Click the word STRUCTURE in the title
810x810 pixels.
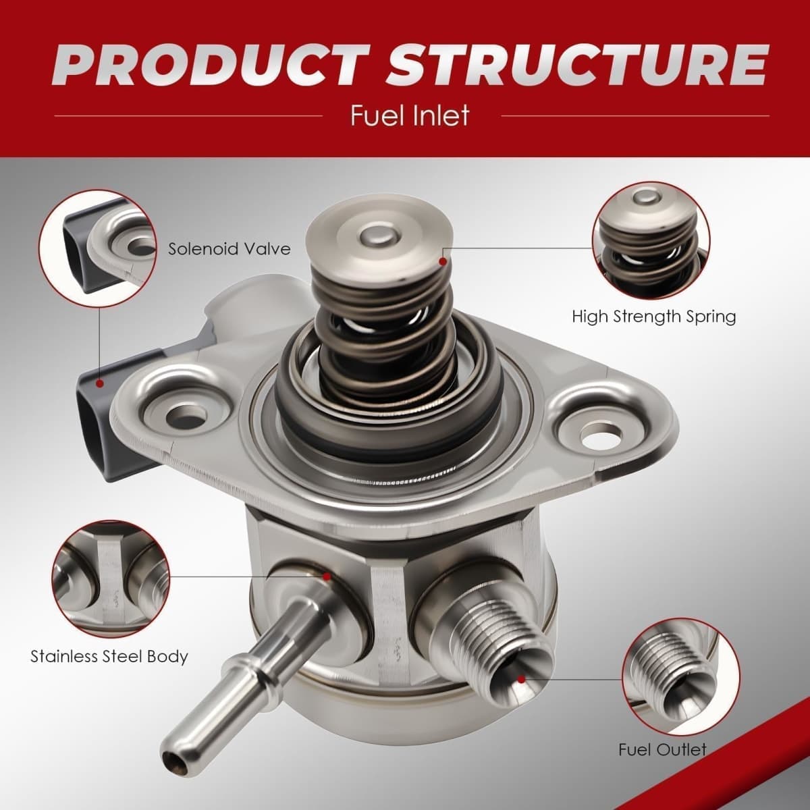click(576, 66)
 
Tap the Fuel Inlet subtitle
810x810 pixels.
click(410, 115)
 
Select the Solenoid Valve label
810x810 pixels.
click(229, 249)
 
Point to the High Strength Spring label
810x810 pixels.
click(654, 317)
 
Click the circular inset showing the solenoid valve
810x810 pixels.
click(97, 248)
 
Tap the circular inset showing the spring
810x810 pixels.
click(651, 240)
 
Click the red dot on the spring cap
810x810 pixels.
click(442, 262)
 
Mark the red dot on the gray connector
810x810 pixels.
click(100, 383)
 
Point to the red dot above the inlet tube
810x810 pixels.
click(327, 576)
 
